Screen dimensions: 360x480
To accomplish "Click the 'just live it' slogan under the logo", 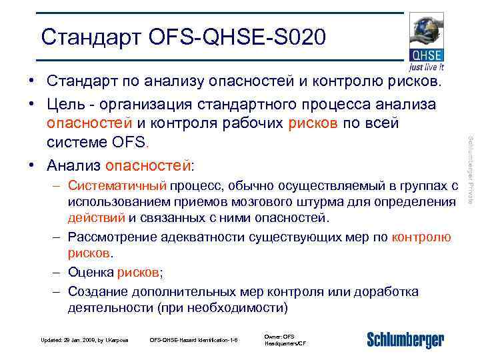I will tap(427, 67).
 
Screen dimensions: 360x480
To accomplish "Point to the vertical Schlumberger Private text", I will tap(470, 169).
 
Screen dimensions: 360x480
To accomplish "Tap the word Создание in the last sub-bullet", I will tap(98, 292).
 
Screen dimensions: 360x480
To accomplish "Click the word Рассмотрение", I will tap(111, 237).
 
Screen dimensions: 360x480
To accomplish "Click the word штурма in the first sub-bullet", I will tap(334, 201).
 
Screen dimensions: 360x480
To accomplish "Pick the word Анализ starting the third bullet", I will tap(75, 164).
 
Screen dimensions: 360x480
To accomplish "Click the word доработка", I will tap(383, 292).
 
